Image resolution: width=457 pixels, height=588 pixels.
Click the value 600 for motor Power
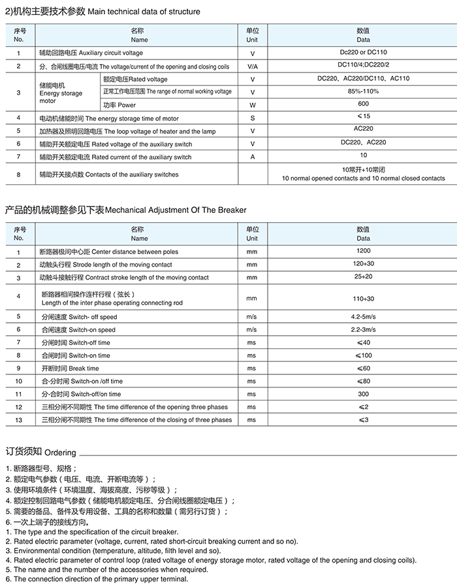coord(363,104)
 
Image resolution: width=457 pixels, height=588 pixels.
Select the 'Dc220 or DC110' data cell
coord(363,52)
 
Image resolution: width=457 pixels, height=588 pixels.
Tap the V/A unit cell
coord(252,67)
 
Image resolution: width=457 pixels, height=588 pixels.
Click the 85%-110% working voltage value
coord(363,91)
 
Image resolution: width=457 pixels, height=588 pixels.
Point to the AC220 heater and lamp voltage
coord(363,129)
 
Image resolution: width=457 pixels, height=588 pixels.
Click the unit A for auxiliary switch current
coord(252,157)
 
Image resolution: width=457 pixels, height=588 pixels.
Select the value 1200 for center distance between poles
coord(363,251)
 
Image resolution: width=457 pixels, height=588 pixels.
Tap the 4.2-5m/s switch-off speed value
coord(363,317)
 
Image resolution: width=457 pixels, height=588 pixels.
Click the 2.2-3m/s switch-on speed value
coord(363,330)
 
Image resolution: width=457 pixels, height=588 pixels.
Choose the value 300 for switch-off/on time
coord(363,394)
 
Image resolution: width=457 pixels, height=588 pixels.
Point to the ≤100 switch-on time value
coord(363,355)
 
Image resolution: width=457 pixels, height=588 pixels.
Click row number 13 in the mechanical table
coord(18,420)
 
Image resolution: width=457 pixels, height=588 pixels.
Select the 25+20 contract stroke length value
coord(363,276)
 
